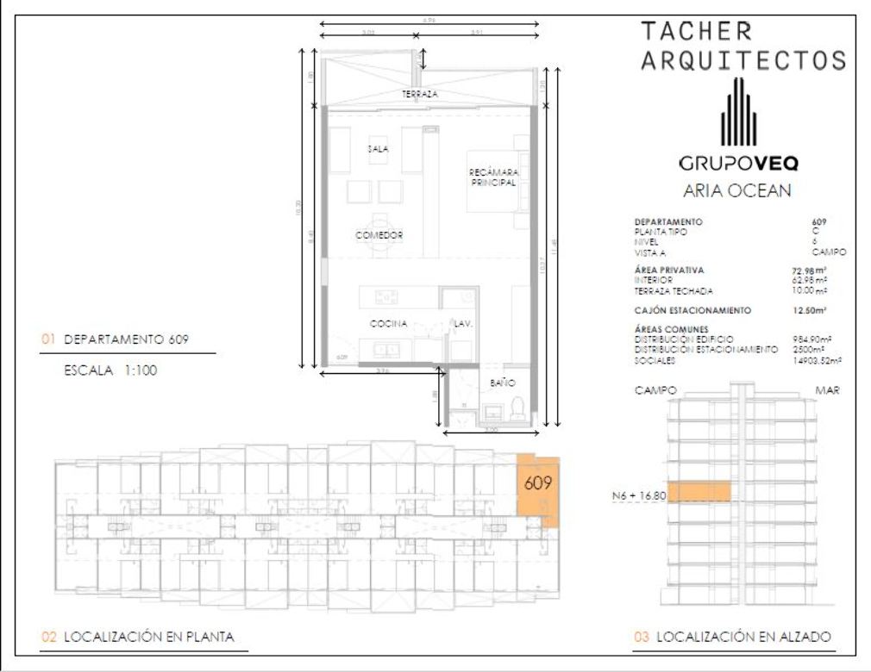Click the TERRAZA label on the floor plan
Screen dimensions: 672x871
pyautogui.click(x=420, y=93)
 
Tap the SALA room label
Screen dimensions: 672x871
pyautogui.click(x=378, y=148)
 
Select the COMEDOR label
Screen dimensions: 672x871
pyautogui.click(x=379, y=234)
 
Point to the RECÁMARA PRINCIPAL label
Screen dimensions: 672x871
pyautogui.click(x=493, y=177)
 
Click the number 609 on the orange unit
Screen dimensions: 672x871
pyautogui.click(x=537, y=483)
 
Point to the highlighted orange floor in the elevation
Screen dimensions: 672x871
pyautogui.click(x=699, y=492)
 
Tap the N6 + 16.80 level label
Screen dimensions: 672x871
pyautogui.click(x=638, y=495)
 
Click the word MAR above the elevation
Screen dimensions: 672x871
pyautogui.click(x=829, y=390)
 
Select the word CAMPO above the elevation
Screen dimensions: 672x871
pyautogui.click(x=655, y=390)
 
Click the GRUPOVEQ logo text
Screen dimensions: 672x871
pyautogui.click(x=737, y=163)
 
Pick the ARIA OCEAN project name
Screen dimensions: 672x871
pyautogui.click(x=736, y=191)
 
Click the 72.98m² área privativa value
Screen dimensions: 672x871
pyautogui.click(x=810, y=271)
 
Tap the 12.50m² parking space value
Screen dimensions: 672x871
pyautogui.click(x=810, y=309)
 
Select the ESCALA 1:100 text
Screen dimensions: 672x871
pyautogui.click(x=110, y=372)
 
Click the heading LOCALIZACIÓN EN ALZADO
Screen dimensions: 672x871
pyautogui.click(x=743, y=638)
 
